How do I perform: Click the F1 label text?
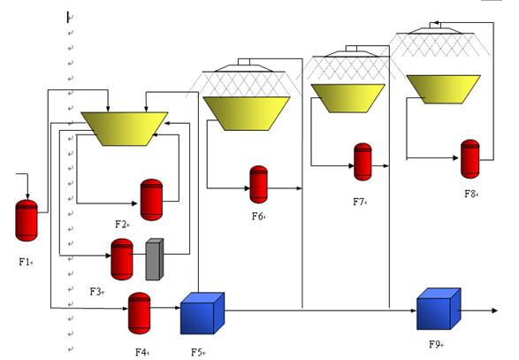(x=25, y=262)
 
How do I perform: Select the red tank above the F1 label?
(x=27, y=220)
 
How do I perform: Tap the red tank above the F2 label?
(x=151, y=200)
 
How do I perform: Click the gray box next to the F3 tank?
(x=155, y=259)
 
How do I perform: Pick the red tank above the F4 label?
(x=140, y=313)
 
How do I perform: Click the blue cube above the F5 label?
(x=202, y=313)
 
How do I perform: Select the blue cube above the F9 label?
(x=439, y=309)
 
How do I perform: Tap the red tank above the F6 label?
(x=258, y=185)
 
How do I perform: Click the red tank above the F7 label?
(x=363, y=162)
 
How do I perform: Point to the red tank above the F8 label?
(x=470, y=158)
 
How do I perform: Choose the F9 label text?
(x=435, y=344)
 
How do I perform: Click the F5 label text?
(x=197, y=352)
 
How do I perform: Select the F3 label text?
(x=96, y=291)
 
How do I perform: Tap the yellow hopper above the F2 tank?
(x=125, y=129)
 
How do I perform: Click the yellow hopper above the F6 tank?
(x=247, y=113)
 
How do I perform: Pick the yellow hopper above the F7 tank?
(x=348, y=98)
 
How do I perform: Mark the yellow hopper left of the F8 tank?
(x=444, y=89)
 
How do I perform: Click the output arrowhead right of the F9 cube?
(x=495, y=310)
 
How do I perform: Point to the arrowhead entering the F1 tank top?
(x=27, y=196)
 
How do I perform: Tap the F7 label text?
(x=358, y=202)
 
